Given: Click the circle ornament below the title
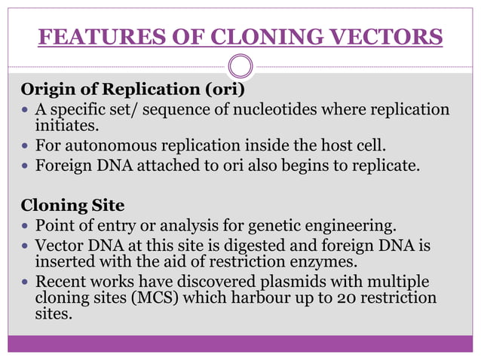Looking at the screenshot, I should click(x=240, y=66).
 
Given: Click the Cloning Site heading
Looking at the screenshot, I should click(x=72, y=204).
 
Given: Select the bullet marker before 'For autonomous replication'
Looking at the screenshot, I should click(x=26, y=145).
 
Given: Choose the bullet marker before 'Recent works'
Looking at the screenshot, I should click(x=26, y=282).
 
